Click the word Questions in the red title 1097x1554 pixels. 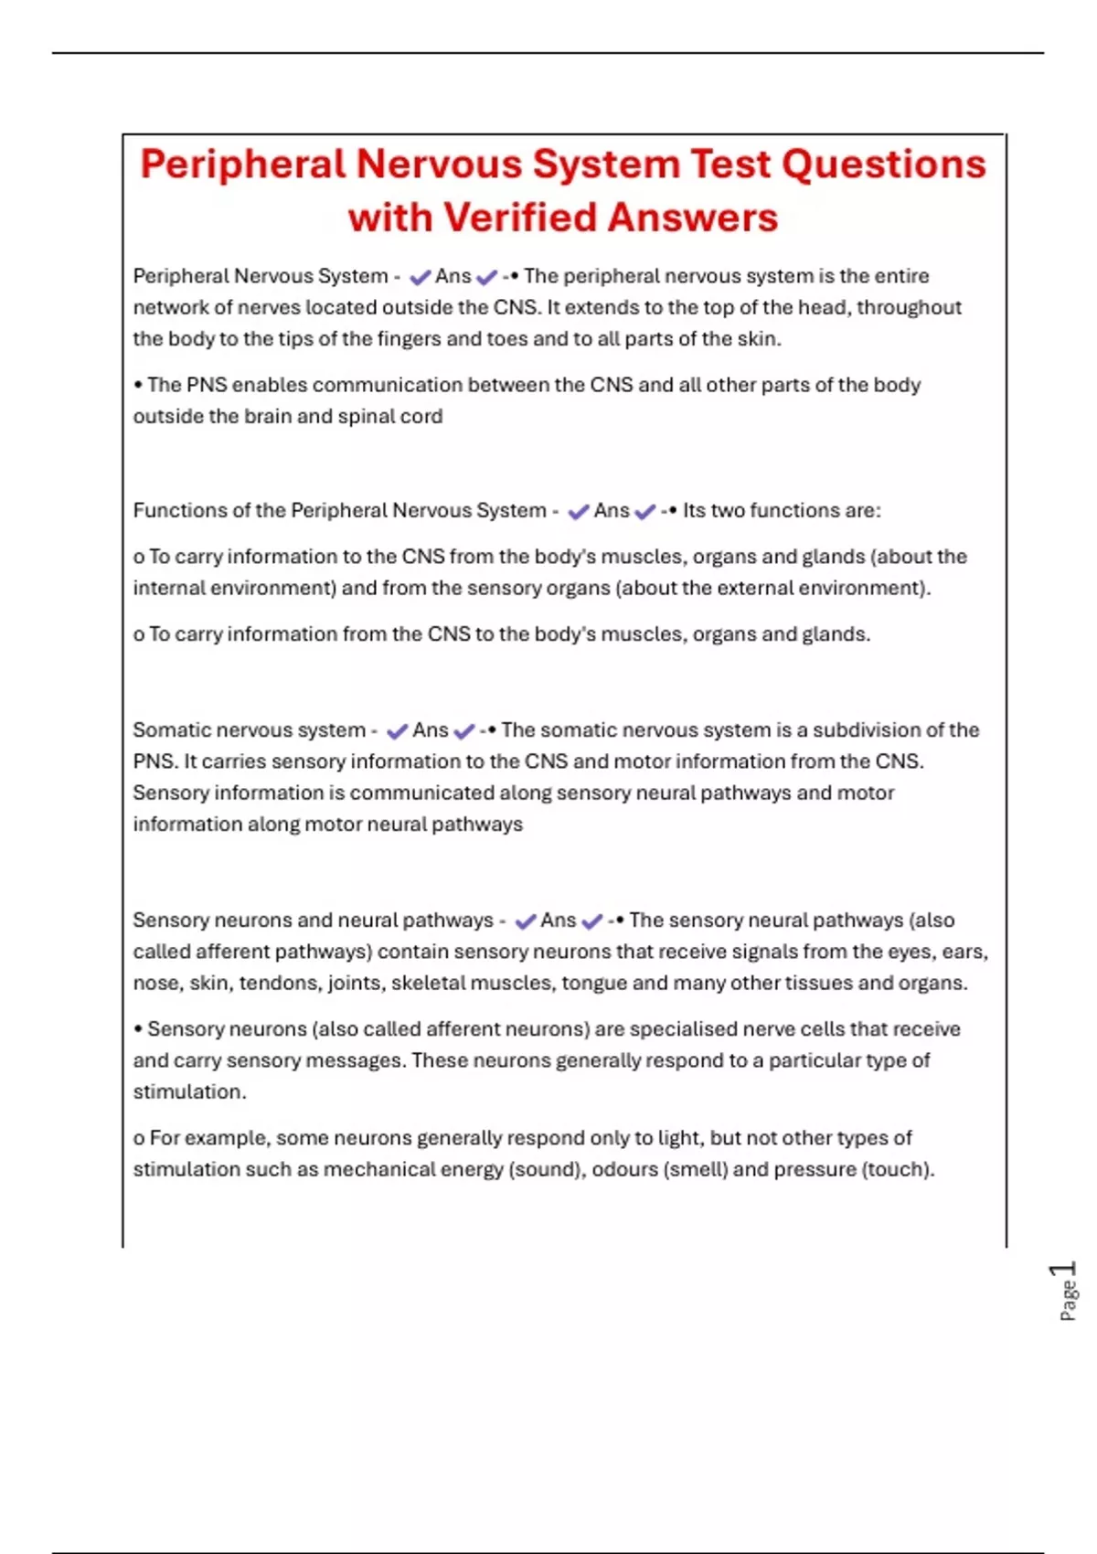pos(884,165)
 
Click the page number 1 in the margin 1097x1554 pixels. pos(1065,1271)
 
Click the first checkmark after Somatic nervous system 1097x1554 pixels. pos(397,731)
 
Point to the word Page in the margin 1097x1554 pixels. pos(1068,1301)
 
